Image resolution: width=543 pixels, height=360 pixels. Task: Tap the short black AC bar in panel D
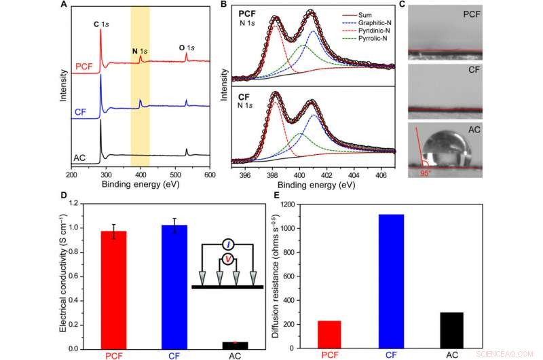pyautogui.click(x=235, y=345)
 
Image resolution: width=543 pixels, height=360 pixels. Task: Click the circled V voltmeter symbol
pyautogui.click(x=228, y=258)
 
